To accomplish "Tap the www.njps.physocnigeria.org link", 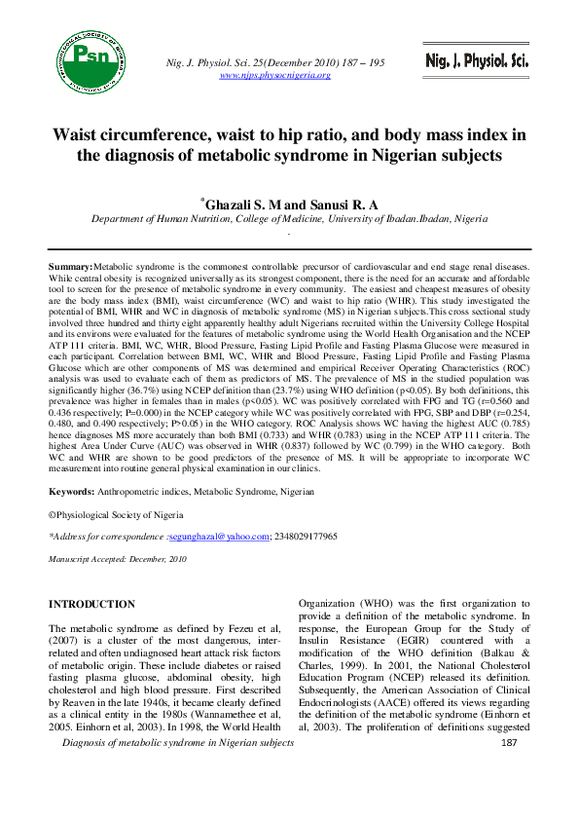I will [276, 75].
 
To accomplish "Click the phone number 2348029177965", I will [303, 537].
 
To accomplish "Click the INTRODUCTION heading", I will [92, 605].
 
